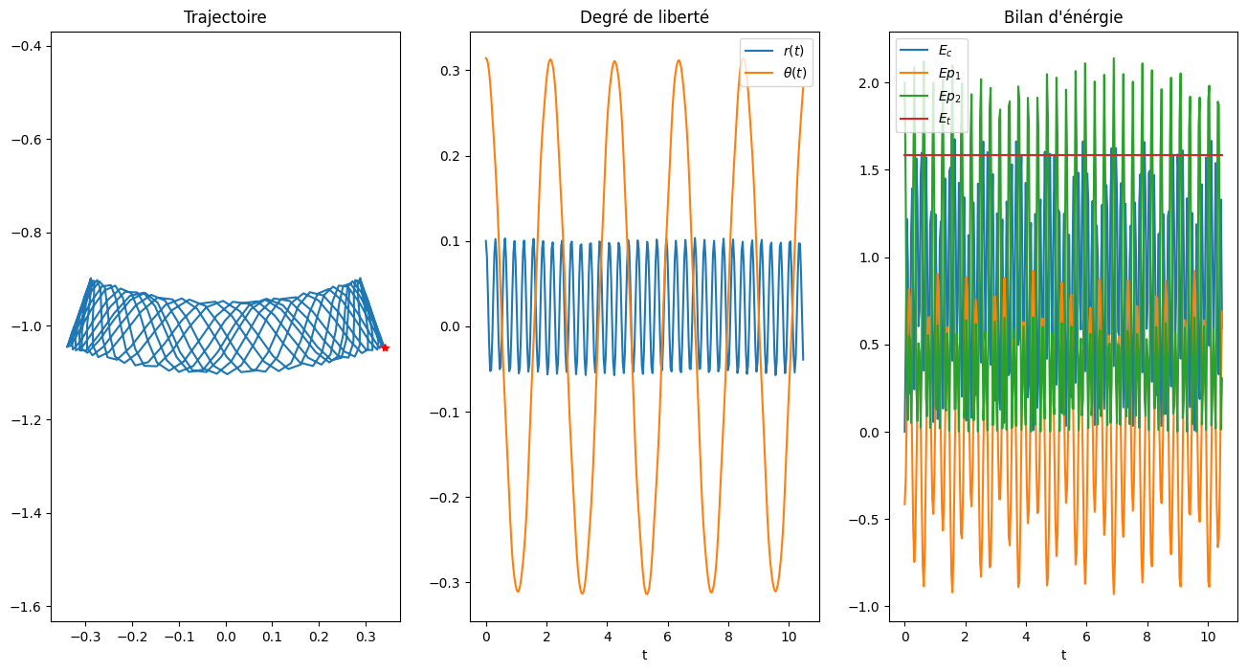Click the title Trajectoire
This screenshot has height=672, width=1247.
point(225,18)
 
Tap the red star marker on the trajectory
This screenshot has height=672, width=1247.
point(385,347)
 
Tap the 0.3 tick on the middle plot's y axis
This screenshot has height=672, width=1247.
point(448,71)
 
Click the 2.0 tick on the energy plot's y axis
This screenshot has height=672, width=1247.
point(871,83)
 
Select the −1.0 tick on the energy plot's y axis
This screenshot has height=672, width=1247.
point(867,607)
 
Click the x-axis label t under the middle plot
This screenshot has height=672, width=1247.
point(644,655)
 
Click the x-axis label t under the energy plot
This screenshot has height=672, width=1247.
point(1063,655)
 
